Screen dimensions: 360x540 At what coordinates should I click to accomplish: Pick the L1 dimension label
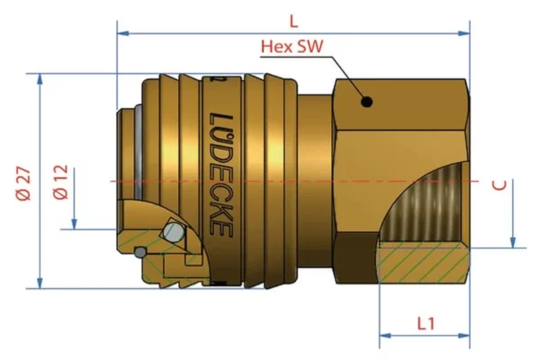coord(427,321)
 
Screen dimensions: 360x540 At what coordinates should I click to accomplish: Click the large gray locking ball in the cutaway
coord(175,234)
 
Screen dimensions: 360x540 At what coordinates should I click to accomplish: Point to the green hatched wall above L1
coord(423,263)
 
